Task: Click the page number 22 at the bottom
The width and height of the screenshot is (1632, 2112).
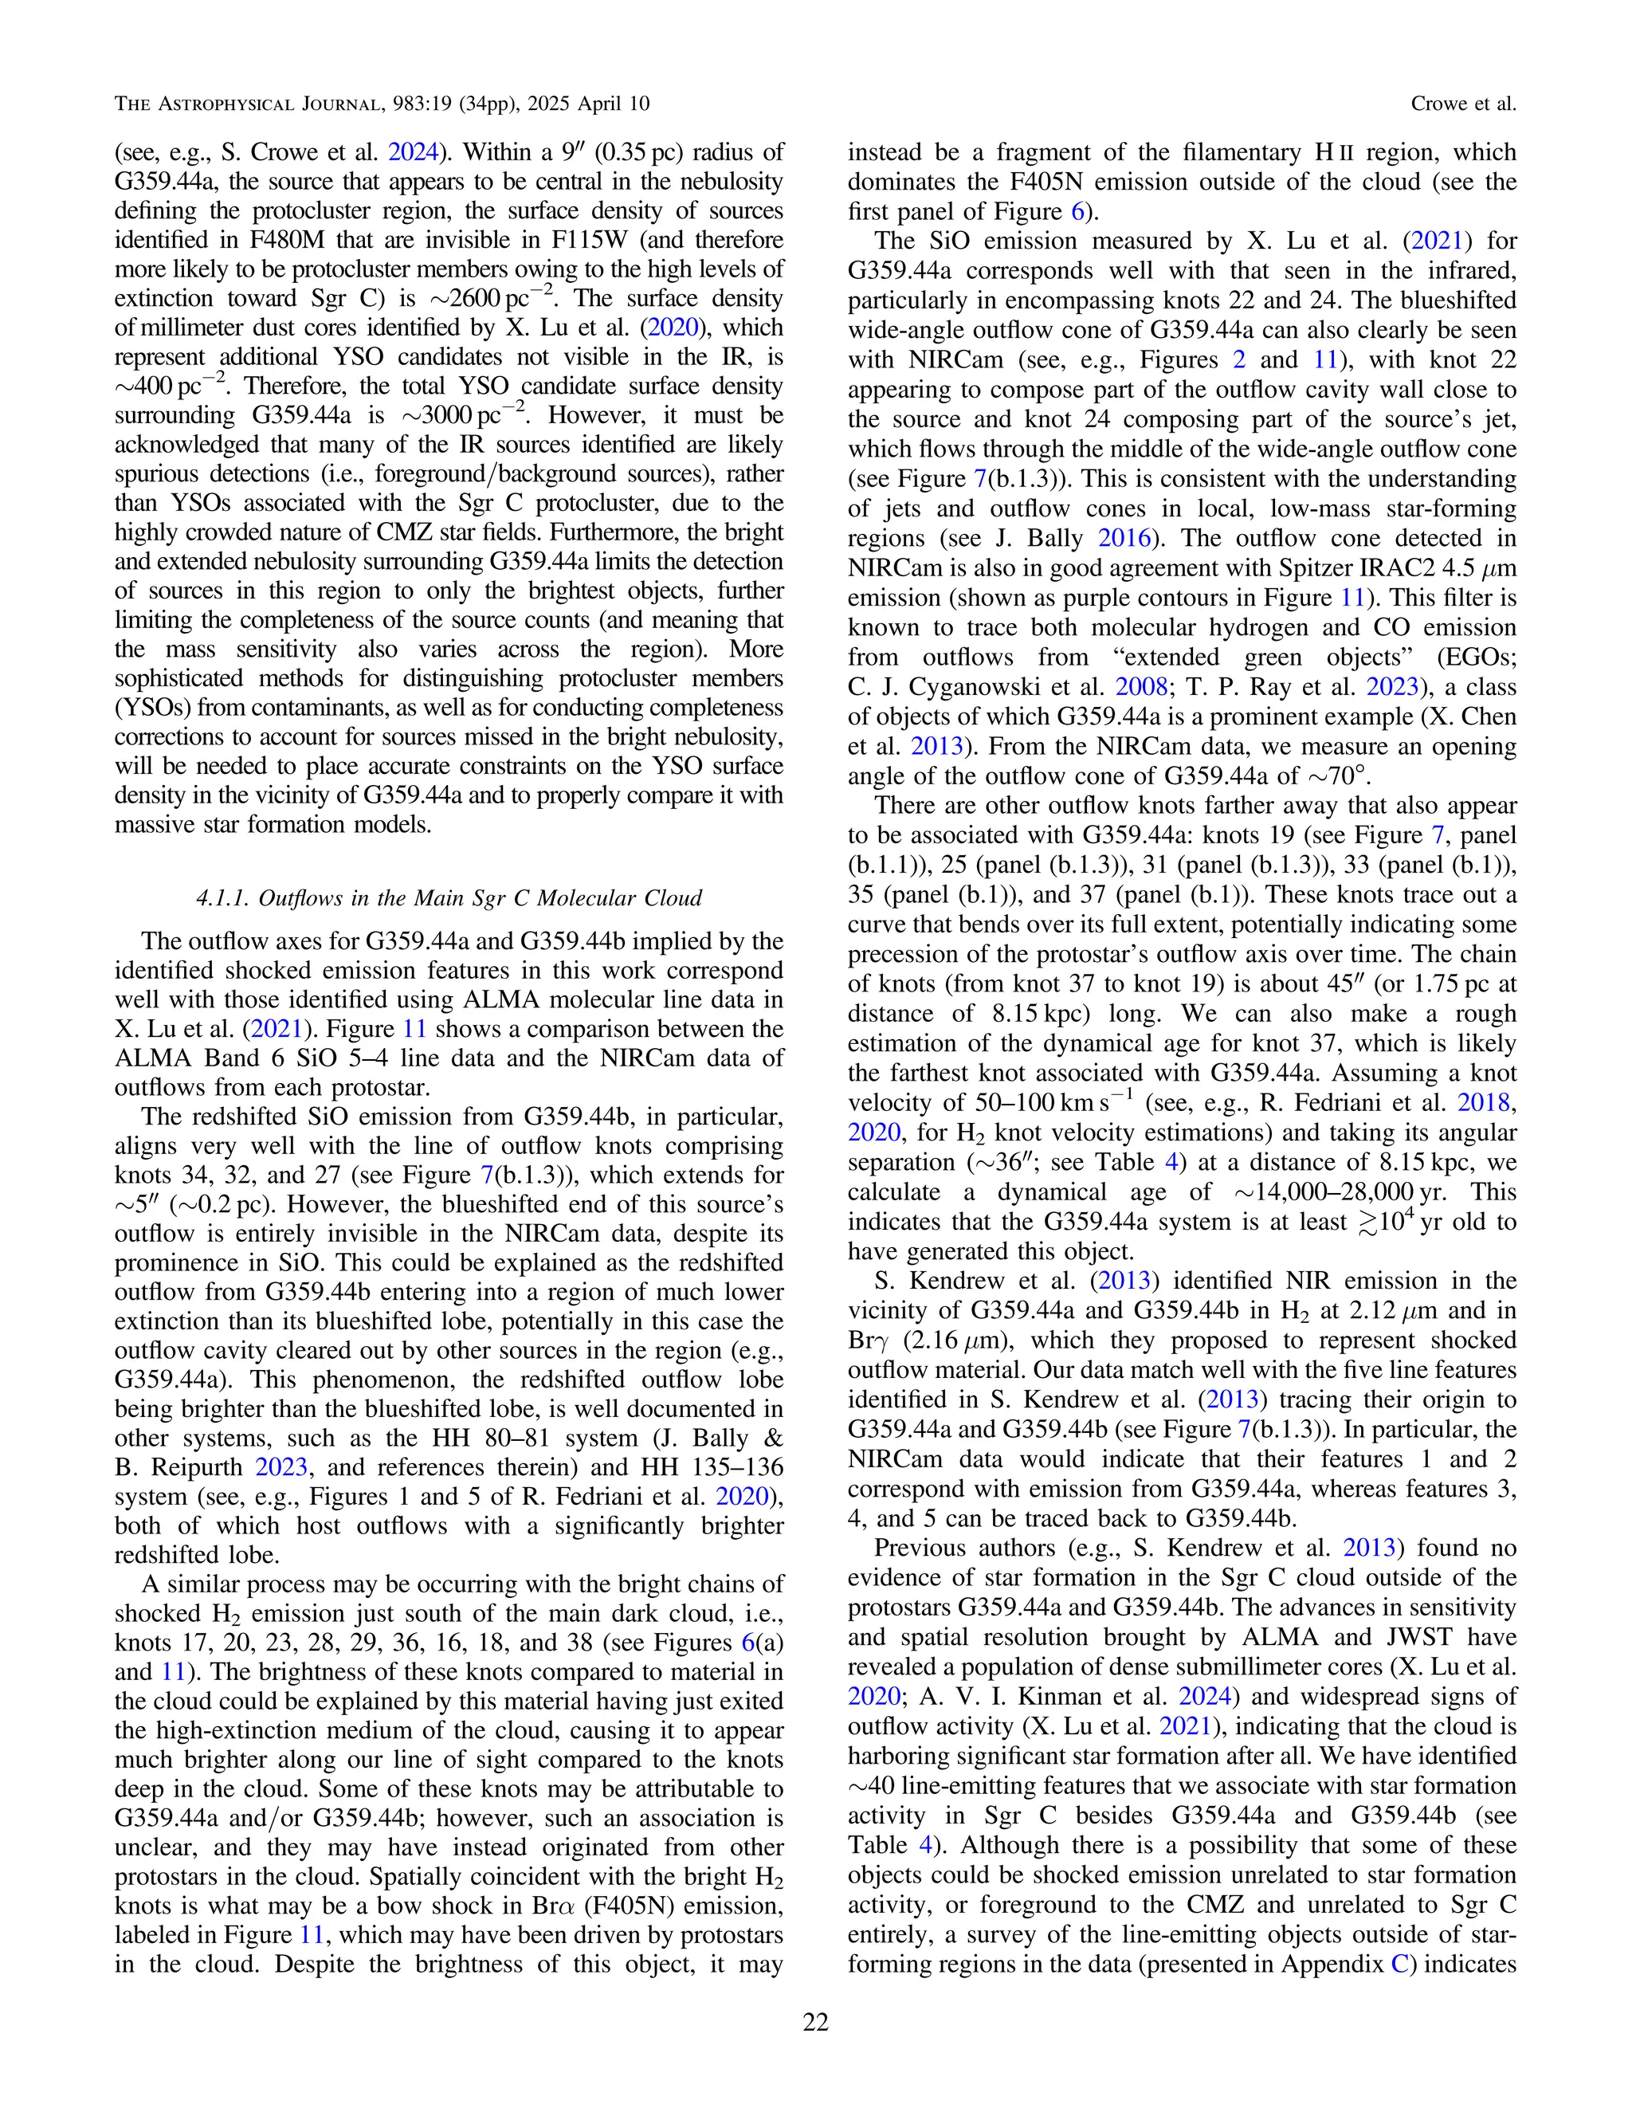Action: pos(815,2023)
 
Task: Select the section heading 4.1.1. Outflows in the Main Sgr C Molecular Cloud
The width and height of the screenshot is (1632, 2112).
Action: pos(449,898)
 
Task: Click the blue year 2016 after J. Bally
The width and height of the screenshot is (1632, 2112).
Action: pos(1124,538)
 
